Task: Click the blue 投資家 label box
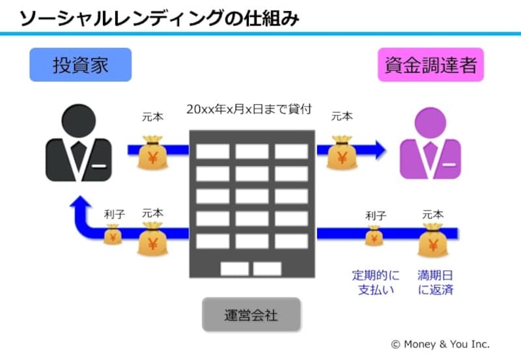click(80, 65)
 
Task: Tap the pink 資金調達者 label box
click(431, 65)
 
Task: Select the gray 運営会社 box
click(251, 316)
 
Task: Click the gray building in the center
click(251, 202)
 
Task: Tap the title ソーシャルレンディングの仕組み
click(160, 18)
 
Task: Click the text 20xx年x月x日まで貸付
click(249, 109)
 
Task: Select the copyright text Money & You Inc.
click(440, 344)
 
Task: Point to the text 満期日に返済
click(434, 282)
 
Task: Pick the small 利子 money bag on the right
click(374, 235)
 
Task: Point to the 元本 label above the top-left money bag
click(152, 118)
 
